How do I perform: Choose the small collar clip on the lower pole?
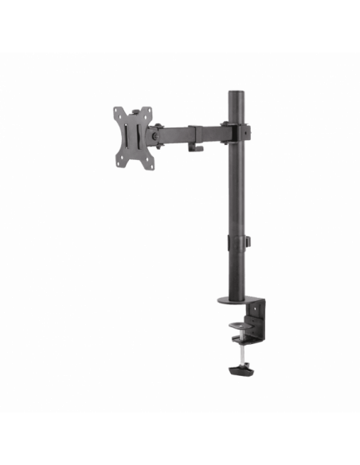point(237,241)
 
